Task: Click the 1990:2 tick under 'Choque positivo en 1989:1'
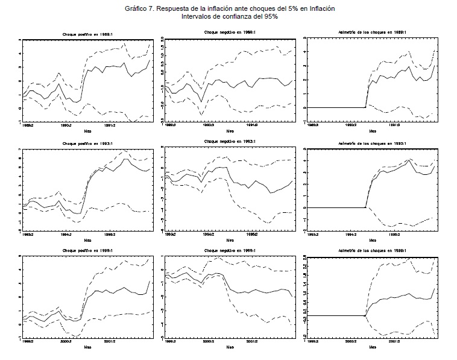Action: click(x=66, y=126)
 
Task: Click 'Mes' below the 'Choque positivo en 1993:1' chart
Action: click(x=88, y=239)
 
